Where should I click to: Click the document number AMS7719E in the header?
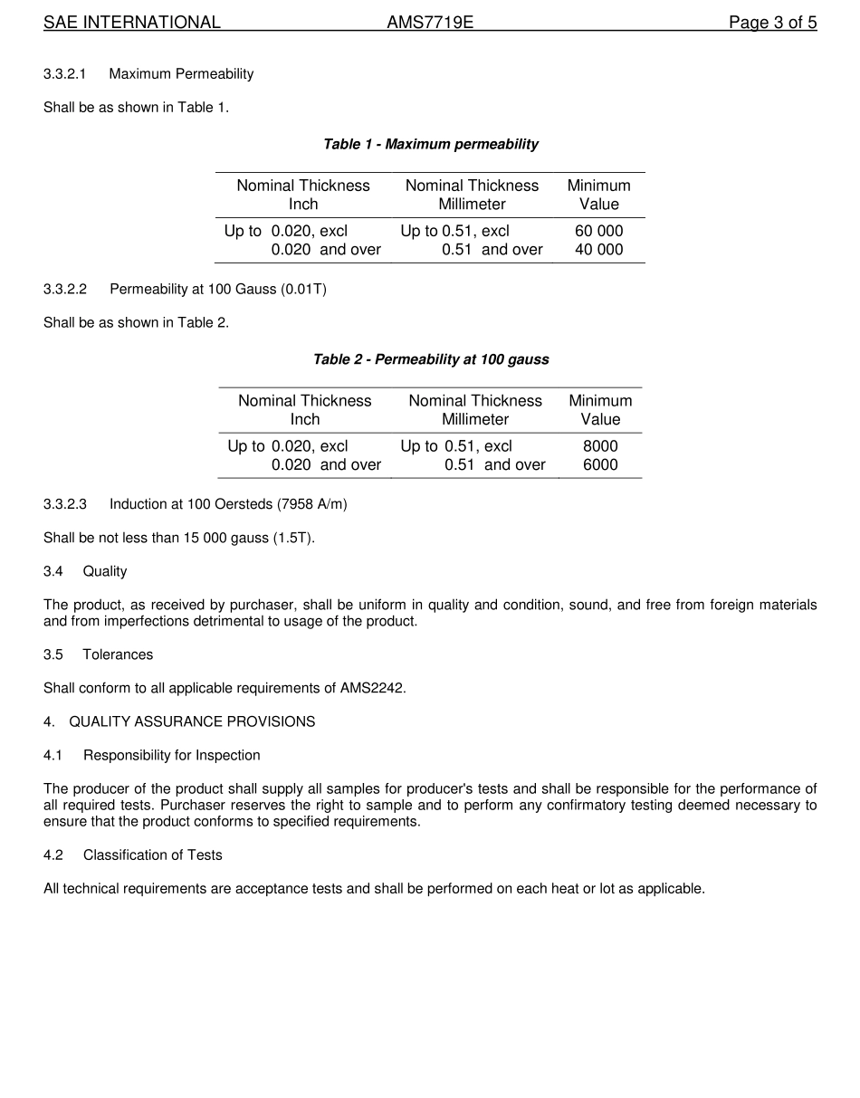pyautogui.click(x=430, y=23)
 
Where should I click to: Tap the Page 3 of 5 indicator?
pyautogui.click(x=772, y=23)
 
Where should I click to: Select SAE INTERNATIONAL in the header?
pyautogui.click(x=132, y=23)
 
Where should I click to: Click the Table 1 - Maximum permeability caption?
pyautogui.click(x=430, y=144)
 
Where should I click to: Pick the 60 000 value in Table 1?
pyautogui.click(x=598, y=231)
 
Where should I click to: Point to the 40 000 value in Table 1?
pyautogui.click(x=598, y=250)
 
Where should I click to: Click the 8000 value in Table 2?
pyautogui.click(x=600, y=446)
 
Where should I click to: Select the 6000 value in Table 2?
pyautogui.click(x=600, y=465)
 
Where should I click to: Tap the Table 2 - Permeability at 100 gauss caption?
pyautogui.click(x=430, y=359)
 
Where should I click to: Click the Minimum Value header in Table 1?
pyautogui.click(x=598, y=195)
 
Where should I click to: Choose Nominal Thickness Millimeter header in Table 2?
pyautogui.click(x=475, y=410)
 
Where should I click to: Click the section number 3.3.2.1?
pyautogui.click(x=65, y=74)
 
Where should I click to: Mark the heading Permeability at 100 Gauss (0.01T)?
pyautogui.click(x=218, y=290)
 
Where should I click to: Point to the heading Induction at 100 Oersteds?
pyautogui.click(x=228, y=504)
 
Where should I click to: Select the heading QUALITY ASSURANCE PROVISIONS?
pyautogui.click(x=192, y=721)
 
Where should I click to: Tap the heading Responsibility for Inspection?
pyautogui.click(x=171, y=756)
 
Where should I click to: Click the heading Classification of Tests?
pyautogui.click(x=152, y=855)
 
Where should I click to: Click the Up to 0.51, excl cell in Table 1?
pyautogui.click(x=454, y=231)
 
